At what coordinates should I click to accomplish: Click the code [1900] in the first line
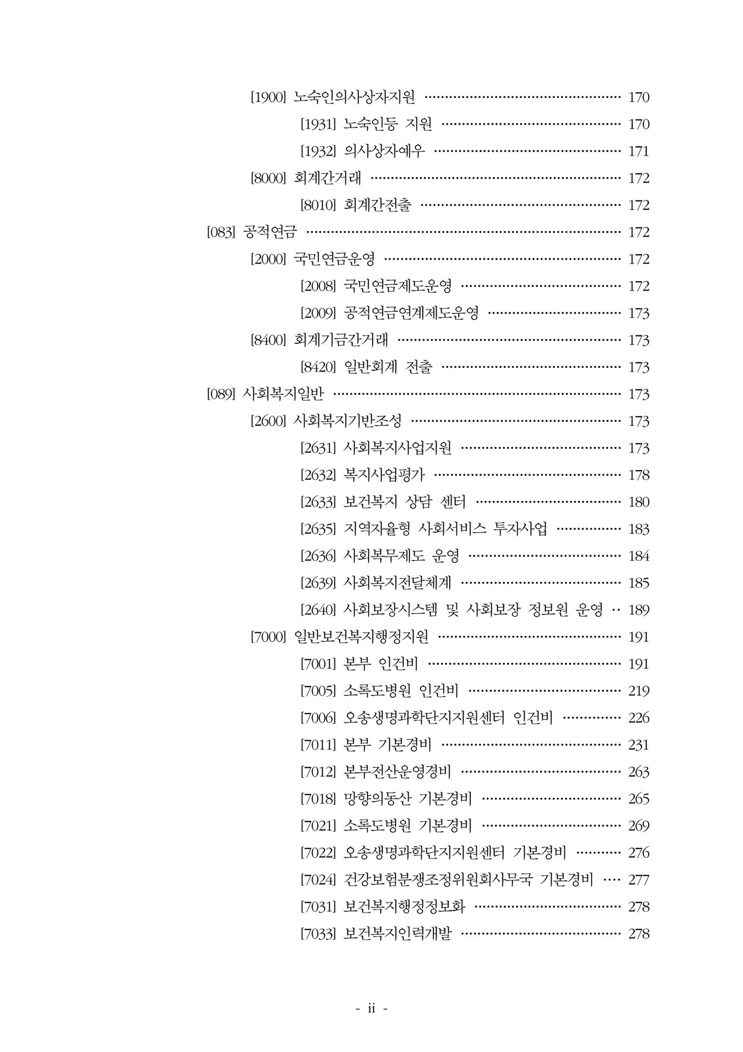pos(268,98)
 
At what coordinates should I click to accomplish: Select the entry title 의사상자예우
pos(384,151)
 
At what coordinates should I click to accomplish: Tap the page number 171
pos(638,151)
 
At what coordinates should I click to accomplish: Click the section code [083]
pos(221,232)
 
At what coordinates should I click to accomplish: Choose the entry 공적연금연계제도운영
pos(411,313)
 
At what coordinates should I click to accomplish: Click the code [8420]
pos(318,367)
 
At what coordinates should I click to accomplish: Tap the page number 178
pos(638,475)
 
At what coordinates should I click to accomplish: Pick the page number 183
pos(638,529)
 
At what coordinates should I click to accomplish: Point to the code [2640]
pos(318,610)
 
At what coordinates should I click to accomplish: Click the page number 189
pos(638,610)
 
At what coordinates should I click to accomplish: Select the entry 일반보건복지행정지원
pos(361,637)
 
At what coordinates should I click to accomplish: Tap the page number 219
pos(638,691)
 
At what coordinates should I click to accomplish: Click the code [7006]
pos(318,718)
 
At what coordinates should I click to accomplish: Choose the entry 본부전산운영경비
pos(397,772)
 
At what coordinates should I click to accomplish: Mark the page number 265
pos(638,799)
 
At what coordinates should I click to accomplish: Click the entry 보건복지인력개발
pos(397,934)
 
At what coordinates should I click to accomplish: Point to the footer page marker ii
pos(371,1008)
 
